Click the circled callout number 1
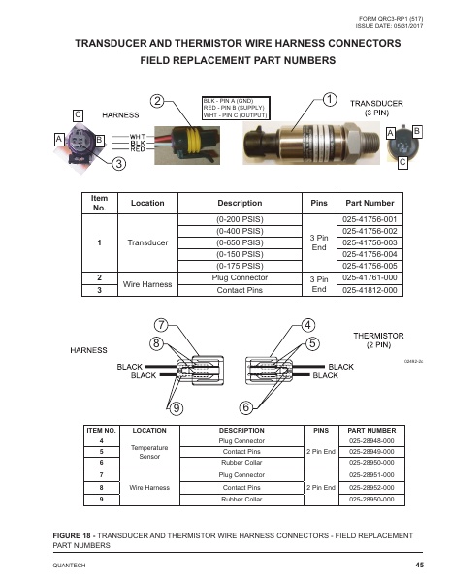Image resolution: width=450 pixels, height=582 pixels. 330,99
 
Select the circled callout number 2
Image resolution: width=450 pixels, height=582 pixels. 156,101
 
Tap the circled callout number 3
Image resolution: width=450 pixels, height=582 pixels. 118,164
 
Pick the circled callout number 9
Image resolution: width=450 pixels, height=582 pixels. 176,406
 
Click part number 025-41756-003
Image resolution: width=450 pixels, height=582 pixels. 371,243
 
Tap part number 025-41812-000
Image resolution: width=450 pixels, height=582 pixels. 371,289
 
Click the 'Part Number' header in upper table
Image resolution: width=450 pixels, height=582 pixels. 371,204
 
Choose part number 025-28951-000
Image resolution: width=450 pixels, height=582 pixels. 370,475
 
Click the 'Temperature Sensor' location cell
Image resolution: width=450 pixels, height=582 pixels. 149,451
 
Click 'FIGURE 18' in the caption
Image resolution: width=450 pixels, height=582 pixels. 76,534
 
